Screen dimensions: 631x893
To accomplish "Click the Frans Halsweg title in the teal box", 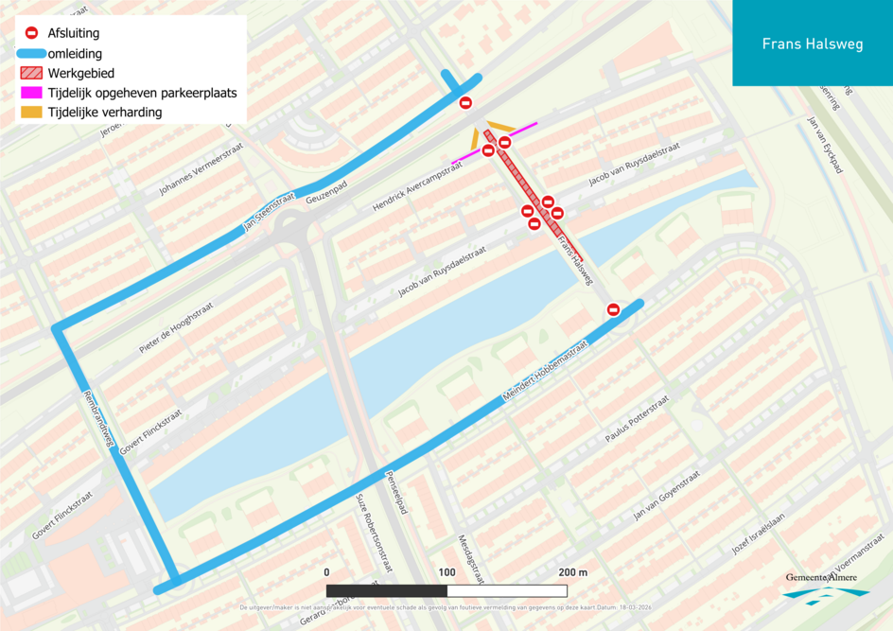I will (812, 44).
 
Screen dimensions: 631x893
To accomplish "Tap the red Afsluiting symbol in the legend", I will (31, 33).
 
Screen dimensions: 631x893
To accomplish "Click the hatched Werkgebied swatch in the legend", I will (31, 73).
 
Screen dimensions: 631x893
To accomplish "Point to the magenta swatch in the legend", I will (31, 94).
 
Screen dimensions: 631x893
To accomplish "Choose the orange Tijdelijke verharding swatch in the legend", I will (31, 113).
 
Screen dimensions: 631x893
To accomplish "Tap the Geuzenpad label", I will (328, 194).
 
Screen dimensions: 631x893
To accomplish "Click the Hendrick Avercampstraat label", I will (416, 185).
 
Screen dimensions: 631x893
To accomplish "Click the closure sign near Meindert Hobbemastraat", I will (613, 309).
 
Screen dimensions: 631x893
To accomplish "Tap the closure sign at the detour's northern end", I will (465, 103).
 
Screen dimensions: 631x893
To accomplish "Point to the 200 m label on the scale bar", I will (572, 572).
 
